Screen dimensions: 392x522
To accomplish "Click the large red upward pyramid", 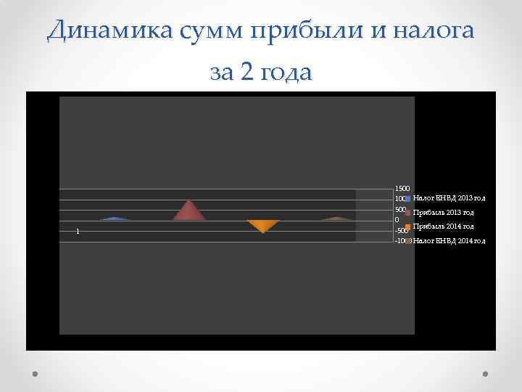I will (189, 211).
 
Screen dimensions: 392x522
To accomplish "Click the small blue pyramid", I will (115, 218).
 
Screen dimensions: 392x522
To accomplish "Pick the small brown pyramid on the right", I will (336, 218).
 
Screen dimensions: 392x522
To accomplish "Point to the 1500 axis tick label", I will (401, 188).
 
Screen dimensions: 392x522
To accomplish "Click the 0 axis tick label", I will (396, 220).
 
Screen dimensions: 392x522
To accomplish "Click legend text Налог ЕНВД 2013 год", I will (449, 197).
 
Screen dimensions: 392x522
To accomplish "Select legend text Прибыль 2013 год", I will (444, 213).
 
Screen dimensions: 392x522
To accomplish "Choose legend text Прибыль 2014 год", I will (444, 226).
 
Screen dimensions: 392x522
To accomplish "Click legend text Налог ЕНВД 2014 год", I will (449, 240).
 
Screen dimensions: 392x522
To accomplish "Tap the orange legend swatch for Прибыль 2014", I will (408, 228).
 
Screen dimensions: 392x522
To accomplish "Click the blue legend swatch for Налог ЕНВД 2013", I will (408, 198).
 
